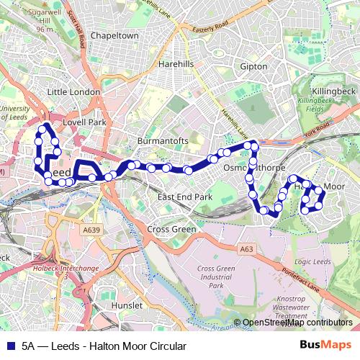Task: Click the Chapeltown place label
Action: pos(114,35)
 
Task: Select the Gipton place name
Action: pos(253,67)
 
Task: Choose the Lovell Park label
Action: pos(85,122)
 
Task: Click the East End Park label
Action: pos(185,197)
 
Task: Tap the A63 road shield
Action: pos(247,249)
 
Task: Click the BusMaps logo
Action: pos(325,346)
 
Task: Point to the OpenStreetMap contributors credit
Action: pos(297,323)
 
